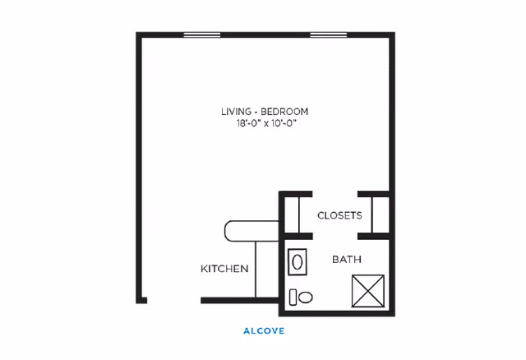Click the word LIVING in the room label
(236, 112)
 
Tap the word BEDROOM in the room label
(284, 112)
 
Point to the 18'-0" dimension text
(248, 123)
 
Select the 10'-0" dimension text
(284, 123)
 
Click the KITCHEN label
(224, 269)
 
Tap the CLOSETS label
(339, 215)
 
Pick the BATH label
(347, 260)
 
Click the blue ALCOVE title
(264, 331)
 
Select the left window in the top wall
(202, 35)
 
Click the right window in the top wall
(329, 35)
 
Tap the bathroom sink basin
(298, 262)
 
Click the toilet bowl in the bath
(306, 298)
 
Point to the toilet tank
(293, 298)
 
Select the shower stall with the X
(368, 291)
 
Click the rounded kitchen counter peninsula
(251, 231)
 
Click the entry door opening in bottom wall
(173, 301)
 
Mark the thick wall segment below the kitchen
(239, 301)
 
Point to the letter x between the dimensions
(266, 124)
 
